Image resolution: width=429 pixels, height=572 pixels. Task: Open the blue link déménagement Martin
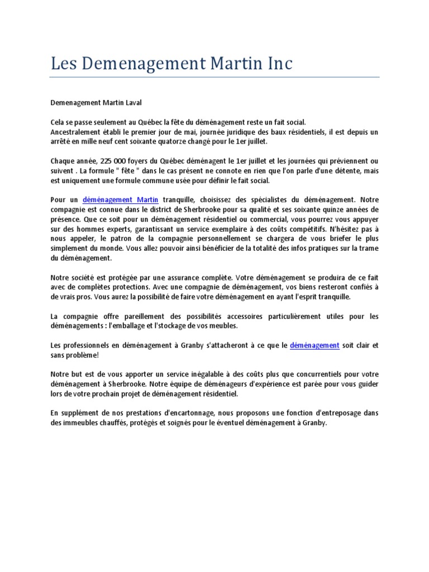121,199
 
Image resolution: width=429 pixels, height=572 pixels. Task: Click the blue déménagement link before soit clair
314,345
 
